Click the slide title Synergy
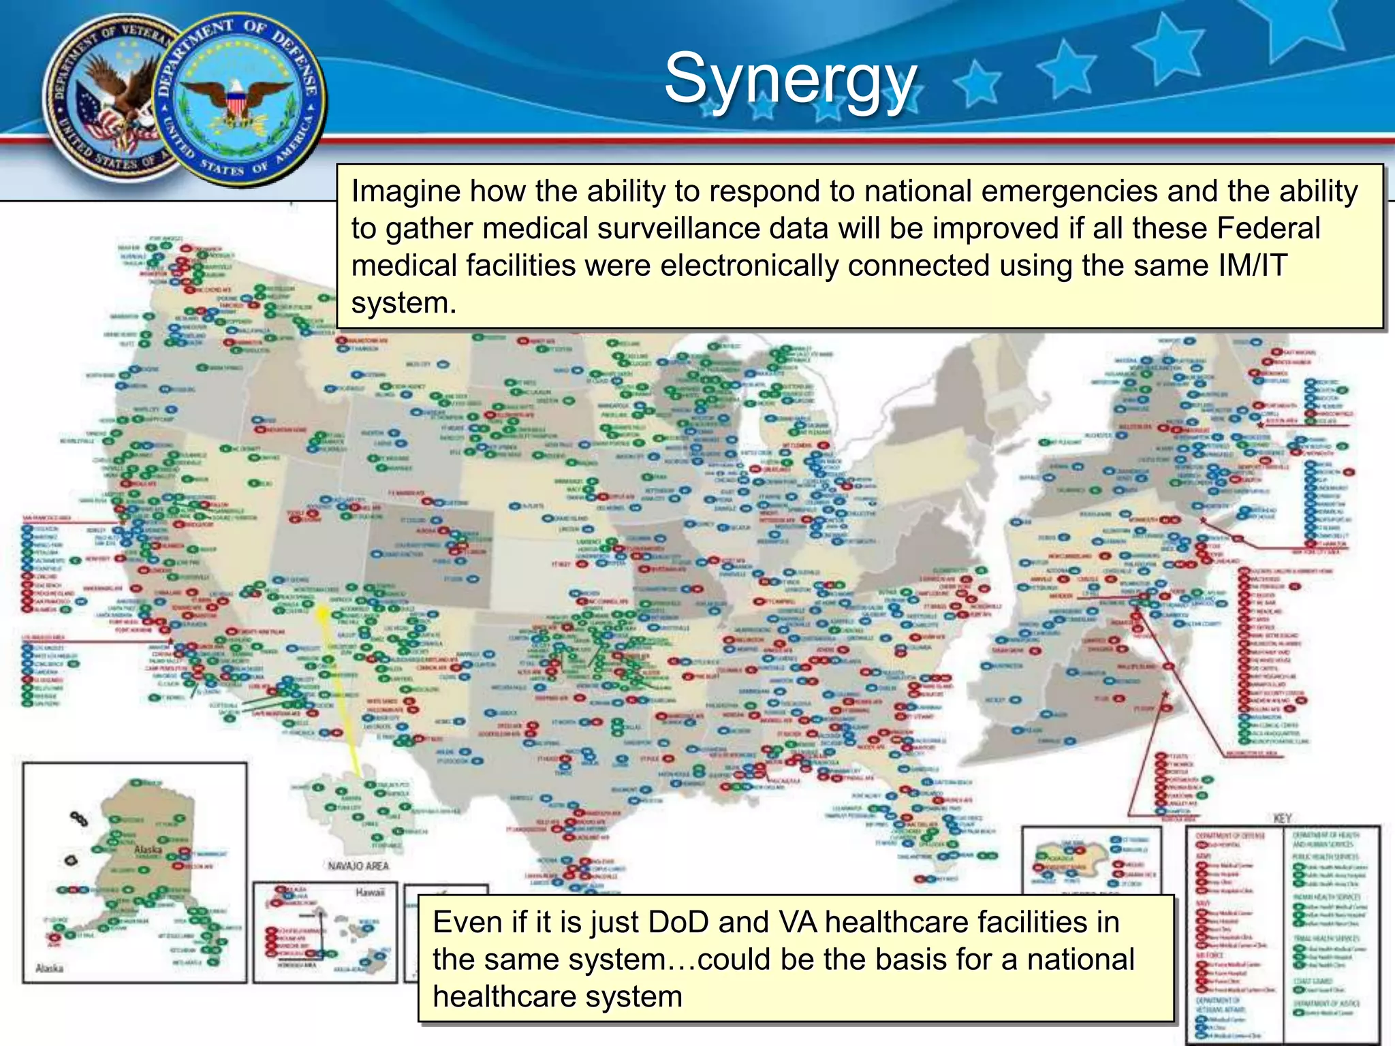(x=790, y=80)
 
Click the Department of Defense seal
(x=238, y=100)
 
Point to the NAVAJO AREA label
(x=358, y=866)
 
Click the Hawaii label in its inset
(x=370, y=892)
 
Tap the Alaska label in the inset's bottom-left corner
(x=49, y=968)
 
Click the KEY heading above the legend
(x=1283, y=819)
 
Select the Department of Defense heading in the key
(x=1231, y=836)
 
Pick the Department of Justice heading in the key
(x=1326, y=1003)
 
